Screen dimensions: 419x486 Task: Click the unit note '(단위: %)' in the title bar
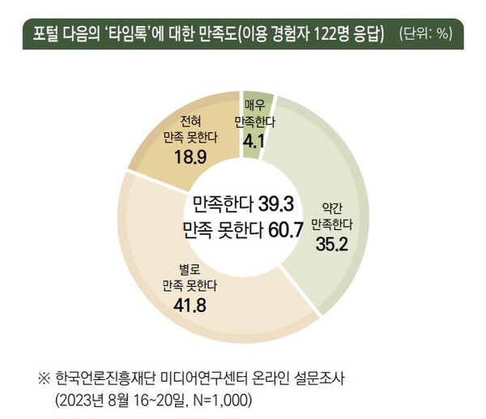[425, 35]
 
